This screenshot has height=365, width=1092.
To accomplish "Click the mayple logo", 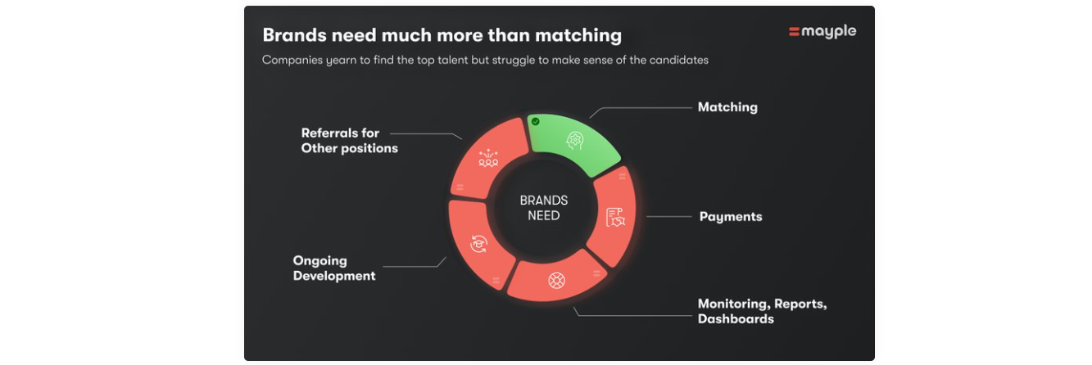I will click(822, 32).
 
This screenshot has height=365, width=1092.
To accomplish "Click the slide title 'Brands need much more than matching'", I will click(442, 35).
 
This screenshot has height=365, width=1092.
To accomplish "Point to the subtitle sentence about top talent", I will click(485, 60).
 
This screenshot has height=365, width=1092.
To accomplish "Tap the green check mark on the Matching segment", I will click(535, 121).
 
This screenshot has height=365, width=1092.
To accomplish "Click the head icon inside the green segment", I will click(576, 141).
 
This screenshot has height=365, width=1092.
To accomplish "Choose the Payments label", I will click(730, 217).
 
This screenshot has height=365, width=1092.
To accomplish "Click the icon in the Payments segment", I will click(615, 217).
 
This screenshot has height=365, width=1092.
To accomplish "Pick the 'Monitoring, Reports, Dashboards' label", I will click(762, 311).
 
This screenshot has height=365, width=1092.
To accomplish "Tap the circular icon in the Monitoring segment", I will click(556, 281).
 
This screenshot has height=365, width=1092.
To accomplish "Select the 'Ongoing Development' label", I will click(334, 268).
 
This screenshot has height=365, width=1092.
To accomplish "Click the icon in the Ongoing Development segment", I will click(479, 242).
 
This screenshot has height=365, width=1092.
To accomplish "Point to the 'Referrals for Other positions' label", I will click(349, 141).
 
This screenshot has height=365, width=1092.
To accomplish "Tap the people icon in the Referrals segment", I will click(489, 159).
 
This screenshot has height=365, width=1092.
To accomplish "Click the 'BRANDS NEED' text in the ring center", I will click(544, 209).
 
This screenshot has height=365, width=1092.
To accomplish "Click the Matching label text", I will click(727, 107).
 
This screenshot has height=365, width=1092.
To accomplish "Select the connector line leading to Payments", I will click(669, 217).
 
